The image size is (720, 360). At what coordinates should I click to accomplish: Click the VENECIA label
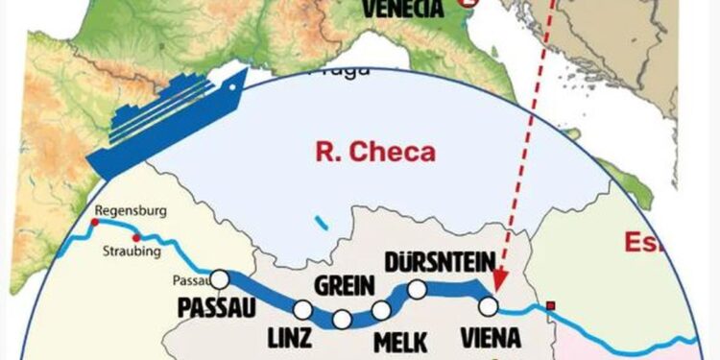coord(403,9)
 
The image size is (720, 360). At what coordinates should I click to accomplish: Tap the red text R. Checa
coord(375,152)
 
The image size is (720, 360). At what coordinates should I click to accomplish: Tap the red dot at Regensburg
coord(94,223)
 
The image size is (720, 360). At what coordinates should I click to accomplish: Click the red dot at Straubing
coord(136,238)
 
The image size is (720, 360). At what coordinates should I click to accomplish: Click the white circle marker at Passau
coord(220,278)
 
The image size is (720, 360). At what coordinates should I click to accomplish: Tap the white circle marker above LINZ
coord(302,309)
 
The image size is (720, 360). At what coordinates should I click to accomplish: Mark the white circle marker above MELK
coord(381,309)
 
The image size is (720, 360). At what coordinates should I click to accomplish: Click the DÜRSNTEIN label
coord(439,260)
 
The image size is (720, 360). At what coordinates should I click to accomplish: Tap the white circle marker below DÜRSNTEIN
coord(417,288)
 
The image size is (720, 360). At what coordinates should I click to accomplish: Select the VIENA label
coord(491,338)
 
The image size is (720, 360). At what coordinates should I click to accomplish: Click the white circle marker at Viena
coord(489,306)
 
